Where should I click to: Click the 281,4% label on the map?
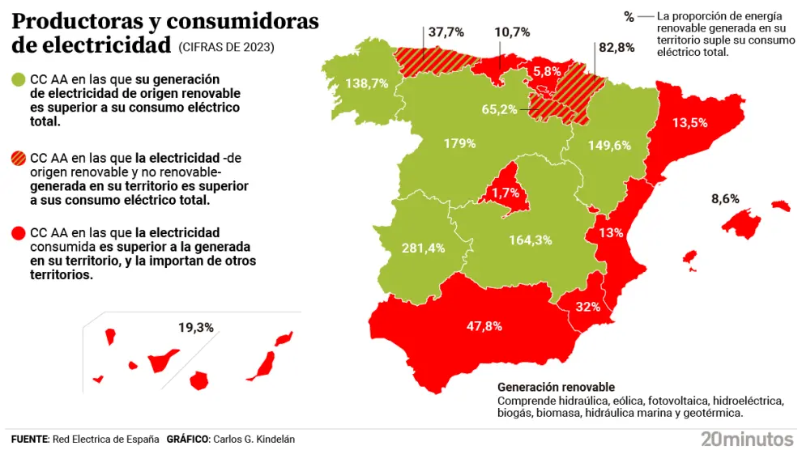[x=423, y=248]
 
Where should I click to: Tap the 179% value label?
[x=459, y=143]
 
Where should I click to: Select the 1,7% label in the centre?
[x=504, y=193]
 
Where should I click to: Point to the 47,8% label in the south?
[x=484, y=326]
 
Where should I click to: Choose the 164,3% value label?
[x=531, y=240]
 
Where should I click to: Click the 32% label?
[x=587, y=307]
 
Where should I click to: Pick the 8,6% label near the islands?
[x=725, y=198]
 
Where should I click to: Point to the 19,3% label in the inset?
[x=195, y=328]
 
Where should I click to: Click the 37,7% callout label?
[x=446, y=32]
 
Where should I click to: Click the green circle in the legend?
[x=19, y=79]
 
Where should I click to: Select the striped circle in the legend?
[x=19, y=158]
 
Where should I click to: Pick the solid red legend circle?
[x=19, y=233]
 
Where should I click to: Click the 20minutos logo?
[x=746, y=438]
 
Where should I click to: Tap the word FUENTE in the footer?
[x=29, y=439]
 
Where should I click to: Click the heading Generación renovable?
[x=556, y=387]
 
